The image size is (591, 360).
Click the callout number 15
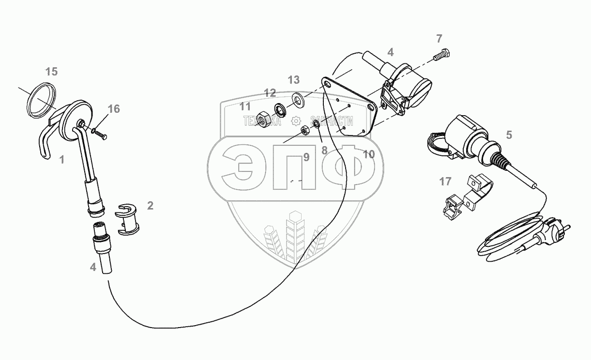point(51,72)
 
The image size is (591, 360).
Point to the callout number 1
point(62,159)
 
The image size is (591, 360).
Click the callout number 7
point(439,39)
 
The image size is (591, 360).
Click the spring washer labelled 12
point(281,108)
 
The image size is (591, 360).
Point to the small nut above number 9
point(305,130)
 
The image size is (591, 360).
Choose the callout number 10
point(368,155)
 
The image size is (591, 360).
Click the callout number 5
point(509,135)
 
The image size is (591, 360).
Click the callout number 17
point(445,182)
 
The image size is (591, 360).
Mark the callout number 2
point(150,206)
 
